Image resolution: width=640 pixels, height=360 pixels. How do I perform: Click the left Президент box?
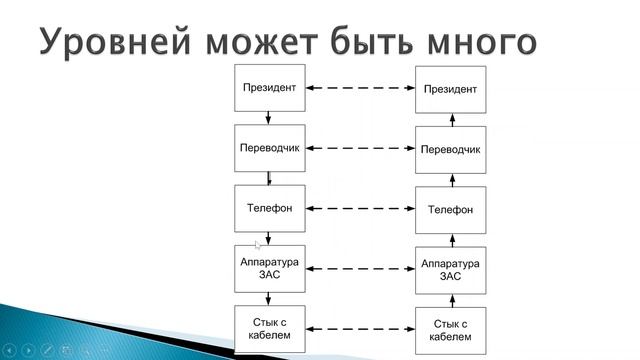(x=269, y=88)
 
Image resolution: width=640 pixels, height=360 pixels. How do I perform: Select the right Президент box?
(x=450, y=89)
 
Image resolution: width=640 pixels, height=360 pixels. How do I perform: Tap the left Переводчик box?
(x=269, y=148)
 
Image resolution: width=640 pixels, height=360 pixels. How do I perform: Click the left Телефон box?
(x=269, y=208)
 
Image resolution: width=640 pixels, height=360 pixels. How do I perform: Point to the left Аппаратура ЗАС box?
(x=269, y=268)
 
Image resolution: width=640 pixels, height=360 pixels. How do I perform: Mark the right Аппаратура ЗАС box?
(x=450, y=269)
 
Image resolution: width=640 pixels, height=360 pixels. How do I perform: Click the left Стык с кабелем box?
(x=269, y=327)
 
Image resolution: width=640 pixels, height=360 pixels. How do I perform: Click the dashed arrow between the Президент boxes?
(x=360, y=89)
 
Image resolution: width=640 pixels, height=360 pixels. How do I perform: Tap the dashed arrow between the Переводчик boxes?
(x=360, y=149)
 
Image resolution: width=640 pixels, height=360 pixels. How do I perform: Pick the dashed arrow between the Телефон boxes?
(x=360, y=209)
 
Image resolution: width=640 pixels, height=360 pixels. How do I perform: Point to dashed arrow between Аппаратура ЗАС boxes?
(x=360, y=269)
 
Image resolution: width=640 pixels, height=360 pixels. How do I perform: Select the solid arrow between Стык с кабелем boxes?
(x=360, y=328)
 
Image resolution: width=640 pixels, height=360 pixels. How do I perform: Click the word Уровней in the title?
(x=121, y=42)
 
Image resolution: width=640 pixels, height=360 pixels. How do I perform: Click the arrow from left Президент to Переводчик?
(x=269, y=118)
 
